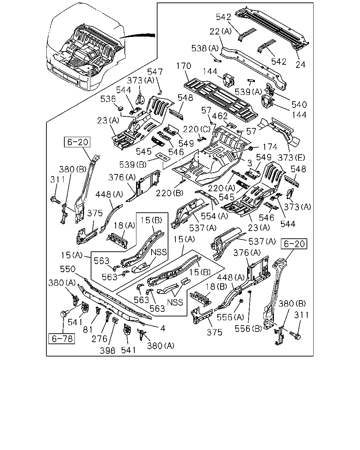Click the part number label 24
pos(301,65)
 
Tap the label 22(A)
pos(221,31)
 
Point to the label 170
pos(184,66)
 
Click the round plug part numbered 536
pos(120,109)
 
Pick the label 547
pos(155,72)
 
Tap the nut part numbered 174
pos(250,148)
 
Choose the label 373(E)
pos(291,157)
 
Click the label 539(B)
pos(133,165)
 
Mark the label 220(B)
pos(169,193)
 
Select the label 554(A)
pos(214,216)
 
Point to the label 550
pos(67,269)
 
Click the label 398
pos(108,351)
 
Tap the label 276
pos(99,339)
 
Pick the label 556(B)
pos(248,329)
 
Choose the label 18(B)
pos(216,287)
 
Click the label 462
pos(220,116)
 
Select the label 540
pos(299,104)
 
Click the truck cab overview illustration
pos(86,46)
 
